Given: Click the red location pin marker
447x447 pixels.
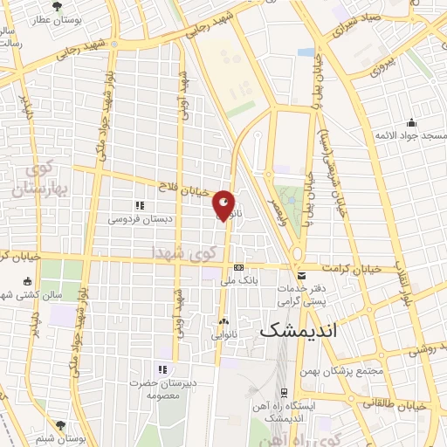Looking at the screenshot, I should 224,205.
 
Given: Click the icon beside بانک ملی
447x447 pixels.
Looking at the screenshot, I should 237,268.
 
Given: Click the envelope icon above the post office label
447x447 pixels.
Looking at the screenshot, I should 301,275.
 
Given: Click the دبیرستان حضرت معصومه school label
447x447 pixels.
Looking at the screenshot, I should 162,388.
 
